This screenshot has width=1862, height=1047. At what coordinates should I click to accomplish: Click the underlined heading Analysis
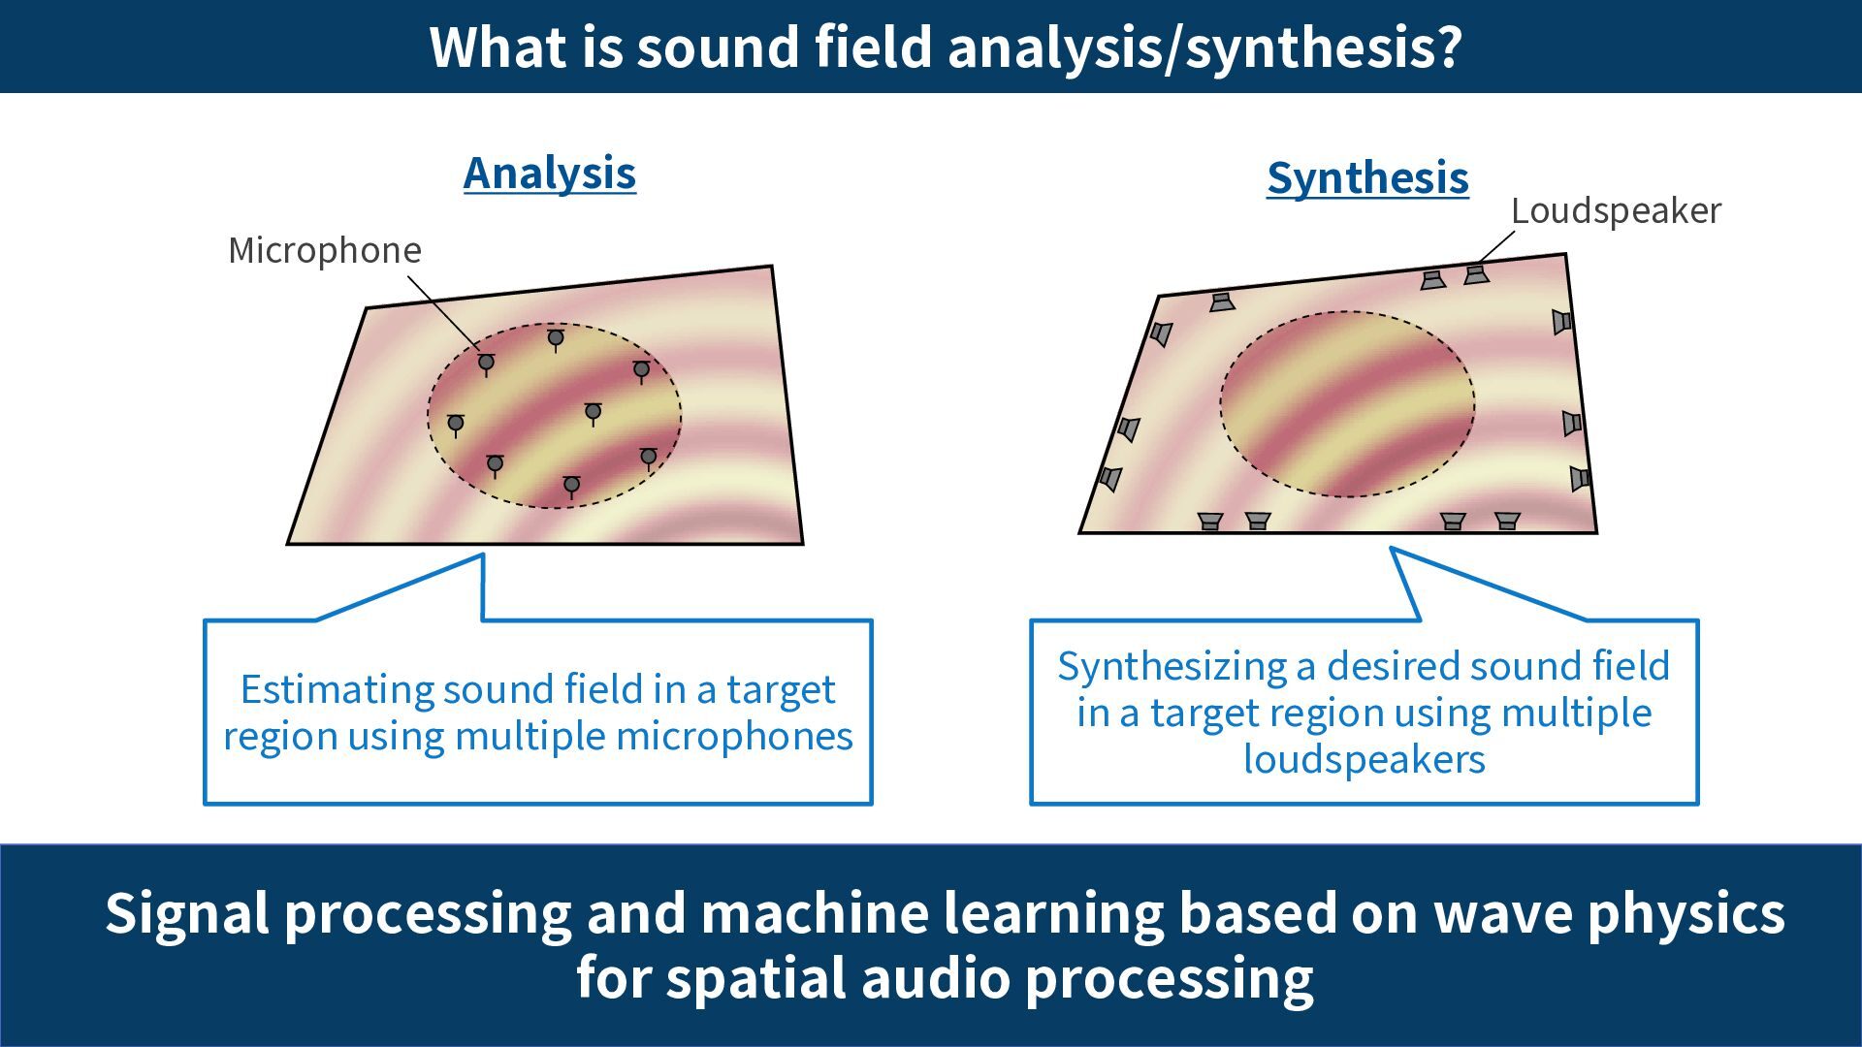coord(549,174)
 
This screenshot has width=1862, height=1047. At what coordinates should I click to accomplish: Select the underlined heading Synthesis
coord(1367,178)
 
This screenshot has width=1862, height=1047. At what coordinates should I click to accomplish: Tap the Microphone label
coord(325,250)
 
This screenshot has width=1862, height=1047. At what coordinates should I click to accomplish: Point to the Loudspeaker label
coord(1616,210)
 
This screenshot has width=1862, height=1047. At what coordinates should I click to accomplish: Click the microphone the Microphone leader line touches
coord(486,363)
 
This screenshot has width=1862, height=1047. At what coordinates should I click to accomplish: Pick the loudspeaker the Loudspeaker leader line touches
coord(1476,274)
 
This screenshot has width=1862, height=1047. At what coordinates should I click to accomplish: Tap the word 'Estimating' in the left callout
coord(336,689)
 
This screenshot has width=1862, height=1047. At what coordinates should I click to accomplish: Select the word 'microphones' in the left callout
coord(734,736)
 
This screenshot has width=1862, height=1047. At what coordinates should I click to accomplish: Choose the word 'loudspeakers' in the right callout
coord(1364,759)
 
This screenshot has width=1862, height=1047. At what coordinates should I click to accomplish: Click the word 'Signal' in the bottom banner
coord(186,913)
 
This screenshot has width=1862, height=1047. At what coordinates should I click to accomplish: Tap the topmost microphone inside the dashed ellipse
coord(556,338)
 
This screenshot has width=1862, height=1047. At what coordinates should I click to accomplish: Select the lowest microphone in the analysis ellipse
coord(571,485)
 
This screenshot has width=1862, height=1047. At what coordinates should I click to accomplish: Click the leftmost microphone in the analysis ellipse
coord(456,424)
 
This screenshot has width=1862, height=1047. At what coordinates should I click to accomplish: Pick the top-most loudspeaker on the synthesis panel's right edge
coord(1560,321)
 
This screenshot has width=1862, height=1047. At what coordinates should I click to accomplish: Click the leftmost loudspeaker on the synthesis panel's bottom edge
coord(1209,521)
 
